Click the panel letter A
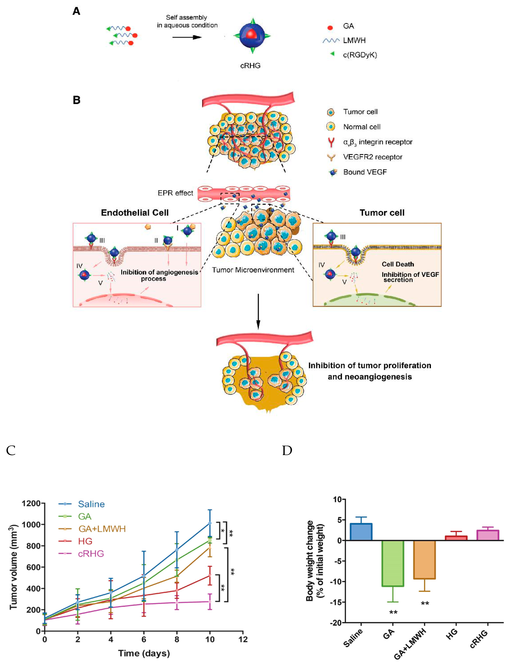(76, 11)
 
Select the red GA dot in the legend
(330, 28)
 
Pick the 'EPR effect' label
(175, 193)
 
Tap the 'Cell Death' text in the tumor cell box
(398, 264)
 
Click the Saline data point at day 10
(210, 523)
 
